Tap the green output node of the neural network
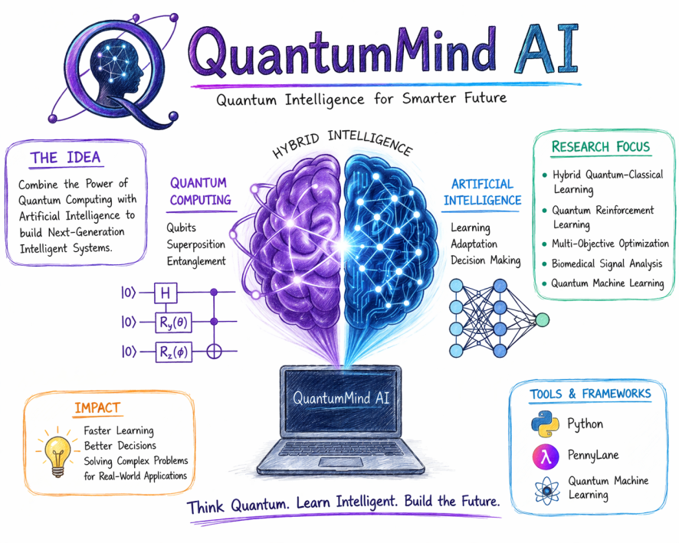tap(543, 318)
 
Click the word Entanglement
tap(196, 261)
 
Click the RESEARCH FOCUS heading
tap(600, 146)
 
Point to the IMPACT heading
tap(97, 408)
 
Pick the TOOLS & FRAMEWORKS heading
tap(590, 394)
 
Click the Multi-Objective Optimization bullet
tap(610, 244)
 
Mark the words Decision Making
tap(486, 260)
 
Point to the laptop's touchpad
tap(339, 463)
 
